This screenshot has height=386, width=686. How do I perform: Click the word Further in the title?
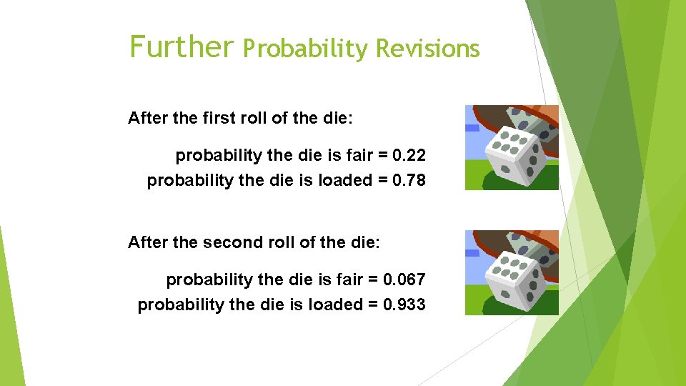tap(182, 47)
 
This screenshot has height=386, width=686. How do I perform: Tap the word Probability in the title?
tap(305, 49)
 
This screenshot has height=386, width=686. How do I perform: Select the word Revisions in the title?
tap(427, 49)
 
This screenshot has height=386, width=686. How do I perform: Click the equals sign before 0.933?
tap(373, 305)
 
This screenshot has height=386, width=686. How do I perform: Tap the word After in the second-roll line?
tap(149, 242)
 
